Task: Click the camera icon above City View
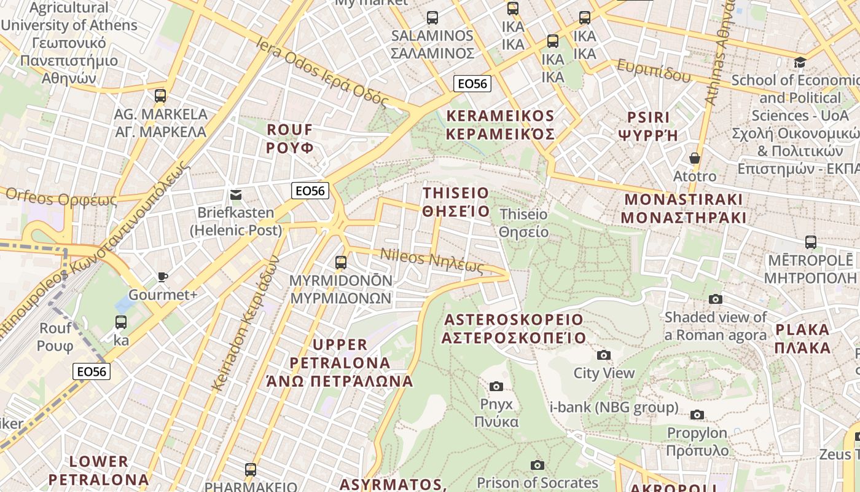(x=604, y=355)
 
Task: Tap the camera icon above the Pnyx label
(x=496, y=386)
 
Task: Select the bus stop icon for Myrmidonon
(x=341, y=263)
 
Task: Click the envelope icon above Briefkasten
(x=235, y=195)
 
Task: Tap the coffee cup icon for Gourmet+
(x=163, y=277)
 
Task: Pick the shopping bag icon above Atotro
(x=694, y=158)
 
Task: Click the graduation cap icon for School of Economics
(x=800, y=62)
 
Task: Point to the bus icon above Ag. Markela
(x=160, y=96)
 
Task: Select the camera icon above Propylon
(x=697, y=415)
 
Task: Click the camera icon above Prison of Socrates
(x=537, y=465)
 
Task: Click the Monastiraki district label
(x=683, y=208)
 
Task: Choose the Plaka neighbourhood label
(x=802, y=338)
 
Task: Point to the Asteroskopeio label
(x=514, y=328)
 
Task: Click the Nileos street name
(x=432, y=261)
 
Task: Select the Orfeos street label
(x=61, y=197)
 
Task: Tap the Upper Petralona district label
(x=340, y=362)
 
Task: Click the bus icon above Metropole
(x=811, y=242)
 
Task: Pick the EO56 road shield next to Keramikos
(x=472, y=84)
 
